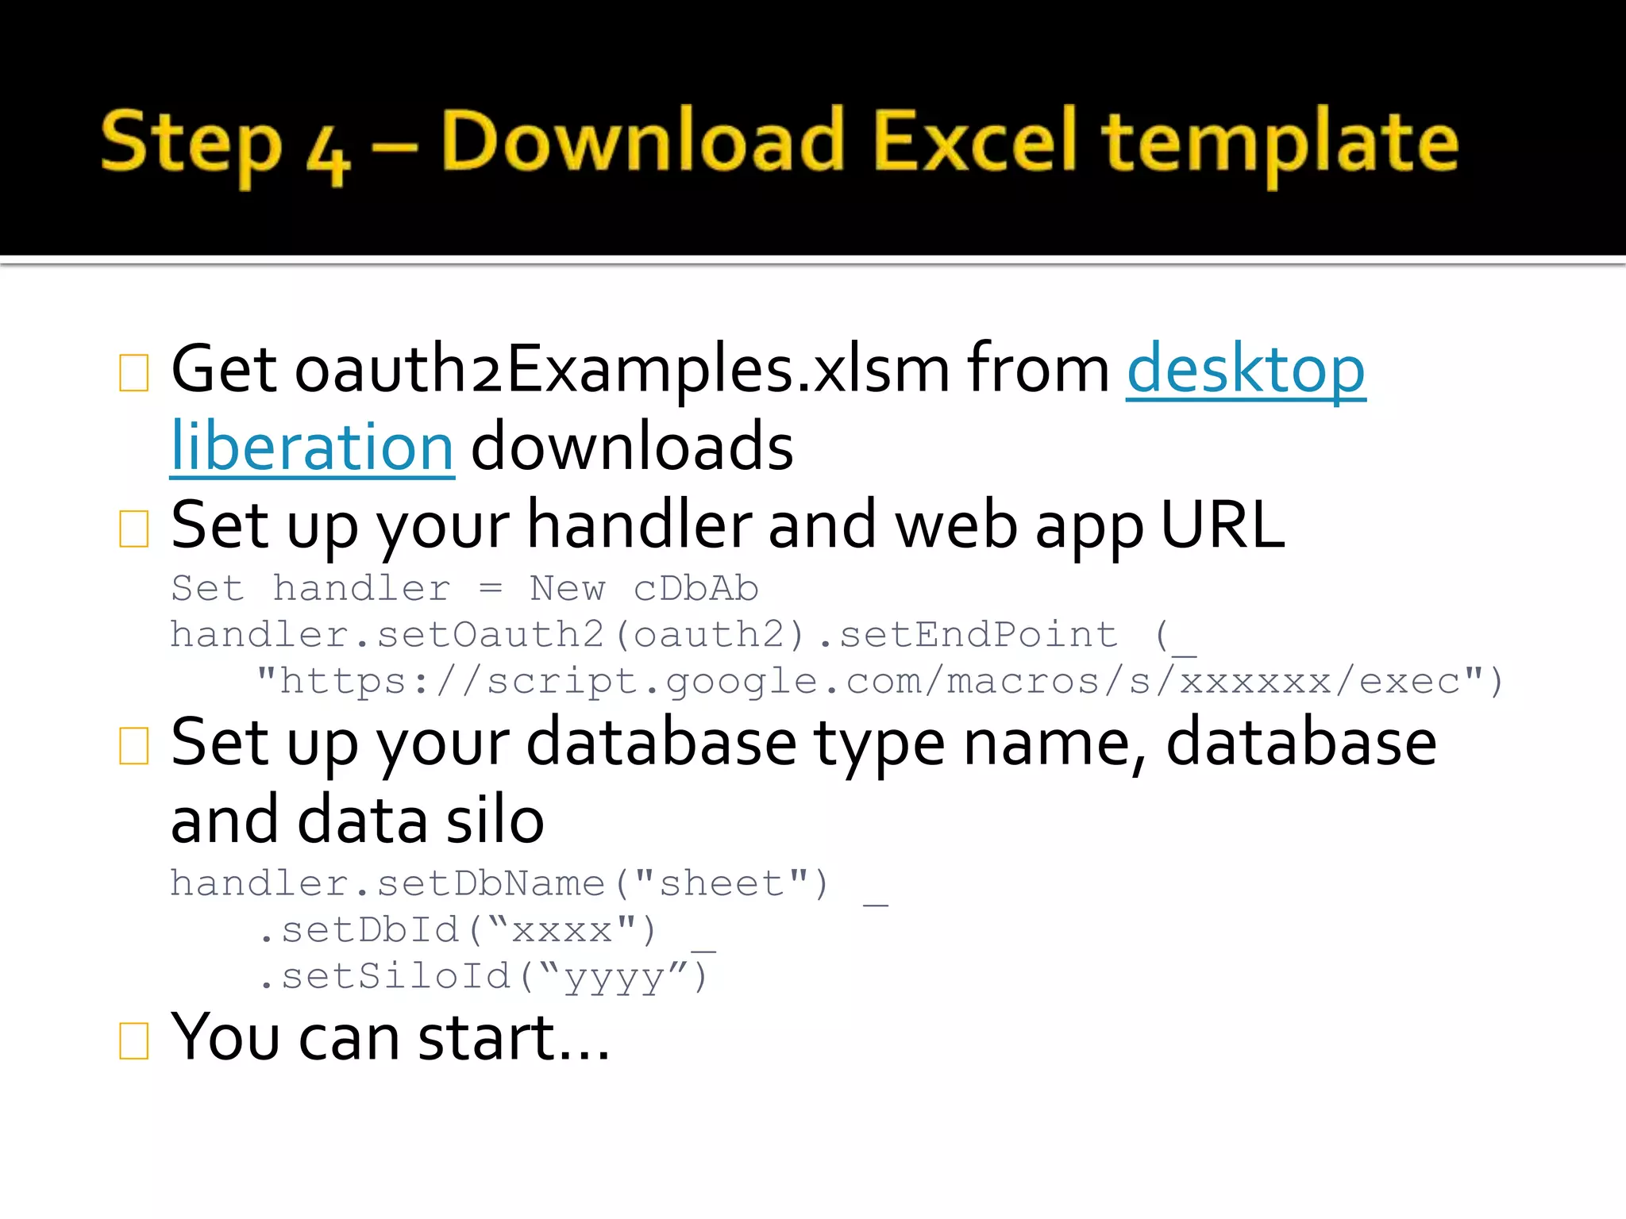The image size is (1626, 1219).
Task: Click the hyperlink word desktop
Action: coord(1246,369)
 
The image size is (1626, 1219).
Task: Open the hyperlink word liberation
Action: coord(312,446)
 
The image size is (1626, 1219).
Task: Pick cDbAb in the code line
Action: coord(695,589)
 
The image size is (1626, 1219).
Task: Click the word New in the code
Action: coord(567,589)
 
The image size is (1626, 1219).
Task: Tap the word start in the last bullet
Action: coord(486,1037)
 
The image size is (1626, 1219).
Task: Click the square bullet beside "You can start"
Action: coord(133,1040)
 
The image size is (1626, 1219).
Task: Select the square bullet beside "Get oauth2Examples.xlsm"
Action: coord(133,372)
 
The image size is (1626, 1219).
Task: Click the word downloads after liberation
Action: coord(632,446)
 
